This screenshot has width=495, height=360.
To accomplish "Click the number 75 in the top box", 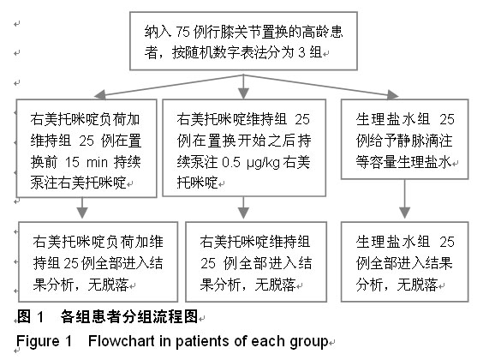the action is click(x=182, y=32).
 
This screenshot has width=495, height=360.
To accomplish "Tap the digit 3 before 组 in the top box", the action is click(x=302, y=52).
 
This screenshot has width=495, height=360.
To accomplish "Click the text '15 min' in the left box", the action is click(x=86, y=162).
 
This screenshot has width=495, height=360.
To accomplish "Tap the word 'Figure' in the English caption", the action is click(x=38, y=341).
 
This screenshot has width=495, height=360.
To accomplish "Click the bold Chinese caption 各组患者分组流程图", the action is click(x=129, y=316).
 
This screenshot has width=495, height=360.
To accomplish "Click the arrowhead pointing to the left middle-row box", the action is click(x=100, y=94).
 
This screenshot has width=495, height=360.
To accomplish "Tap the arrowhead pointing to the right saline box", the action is click(x=393, y=94).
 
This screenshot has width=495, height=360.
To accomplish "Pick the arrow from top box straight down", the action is click(x=243, y=87).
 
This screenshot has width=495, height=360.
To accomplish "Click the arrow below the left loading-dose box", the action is click(x=82, y=208).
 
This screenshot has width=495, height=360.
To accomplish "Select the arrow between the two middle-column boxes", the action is click(x=243, y=208).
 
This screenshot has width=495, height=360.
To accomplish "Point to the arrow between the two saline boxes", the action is click(x=405, y=199).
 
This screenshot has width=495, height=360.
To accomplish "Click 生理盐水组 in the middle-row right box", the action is click(x=393, y=119).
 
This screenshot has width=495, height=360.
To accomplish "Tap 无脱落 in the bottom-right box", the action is click(x=417, y=285).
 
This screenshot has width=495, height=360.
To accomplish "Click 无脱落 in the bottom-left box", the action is click(x=108, y=285).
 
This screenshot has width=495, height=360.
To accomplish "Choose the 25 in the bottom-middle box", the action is click(x=208, y=263).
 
